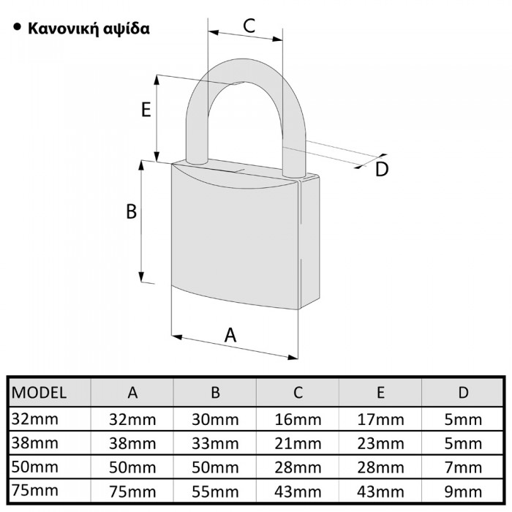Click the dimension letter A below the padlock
(230, 335)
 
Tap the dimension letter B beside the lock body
(132, 211)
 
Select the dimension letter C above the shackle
(249, 26)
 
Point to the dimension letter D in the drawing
(381, 170)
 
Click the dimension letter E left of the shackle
(146, 110)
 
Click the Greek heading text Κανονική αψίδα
(89, 30)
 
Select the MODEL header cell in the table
(40, 392)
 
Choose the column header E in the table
(380, 392)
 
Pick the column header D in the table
(463, 392)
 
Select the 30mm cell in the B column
(215, 420)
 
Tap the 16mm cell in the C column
(298, 420)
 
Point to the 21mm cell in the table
(298, 443)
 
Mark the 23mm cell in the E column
(380, 443)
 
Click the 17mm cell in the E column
(380, 420)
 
